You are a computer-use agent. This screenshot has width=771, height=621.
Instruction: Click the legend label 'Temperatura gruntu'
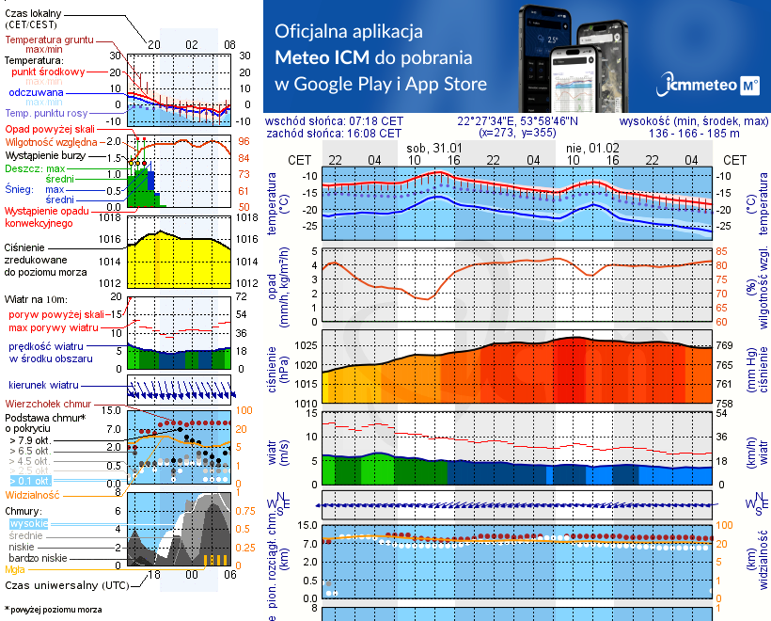50,40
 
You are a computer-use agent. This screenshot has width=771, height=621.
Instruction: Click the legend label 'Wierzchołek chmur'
53,403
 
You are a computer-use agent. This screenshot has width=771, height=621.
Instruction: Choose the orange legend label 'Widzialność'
32,494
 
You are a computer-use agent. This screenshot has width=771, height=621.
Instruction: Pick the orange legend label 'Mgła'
15,569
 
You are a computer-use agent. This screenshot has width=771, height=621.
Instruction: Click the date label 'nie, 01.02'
592,149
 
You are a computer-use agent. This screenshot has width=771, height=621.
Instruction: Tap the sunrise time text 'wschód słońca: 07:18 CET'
334,121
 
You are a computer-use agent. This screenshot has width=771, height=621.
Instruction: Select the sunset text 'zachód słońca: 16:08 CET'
334,134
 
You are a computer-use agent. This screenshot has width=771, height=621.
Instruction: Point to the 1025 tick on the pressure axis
307,345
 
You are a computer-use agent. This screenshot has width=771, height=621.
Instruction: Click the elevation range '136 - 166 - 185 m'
694,134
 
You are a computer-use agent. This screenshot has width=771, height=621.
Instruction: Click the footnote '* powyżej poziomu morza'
53,610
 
